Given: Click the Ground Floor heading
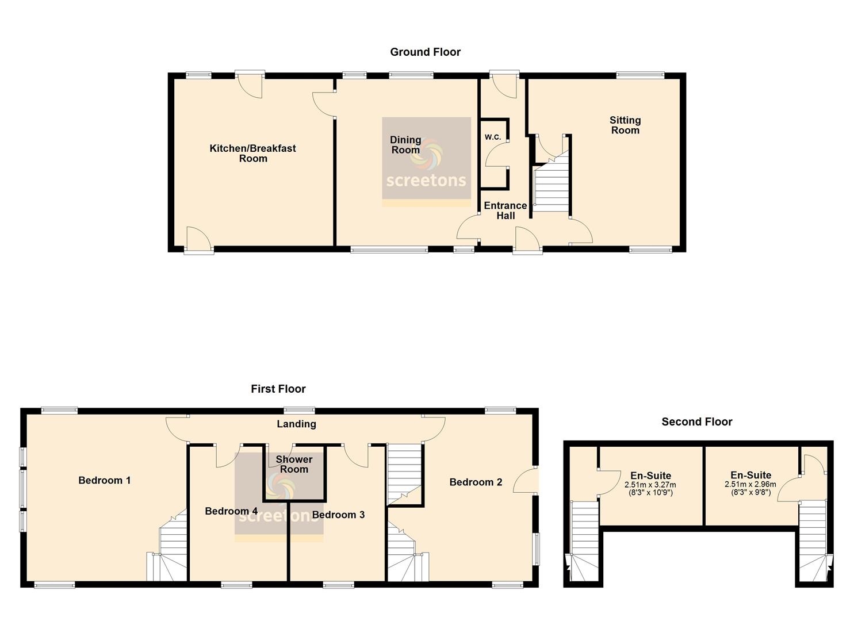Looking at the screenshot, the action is [425, 52].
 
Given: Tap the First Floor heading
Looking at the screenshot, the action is [278, 389].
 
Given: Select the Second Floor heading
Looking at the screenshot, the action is [697, 421].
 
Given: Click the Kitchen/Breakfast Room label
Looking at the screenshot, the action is [253, 154].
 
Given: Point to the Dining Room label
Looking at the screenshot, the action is [405, 145].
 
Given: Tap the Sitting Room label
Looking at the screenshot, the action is [625, 125].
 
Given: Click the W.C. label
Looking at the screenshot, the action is [493, 137].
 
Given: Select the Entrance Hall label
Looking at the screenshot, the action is [505, 210].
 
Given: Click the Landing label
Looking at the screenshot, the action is [296, 424].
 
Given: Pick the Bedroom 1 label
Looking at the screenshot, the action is [105, 480].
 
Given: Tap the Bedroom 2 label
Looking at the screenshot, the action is [476, 482].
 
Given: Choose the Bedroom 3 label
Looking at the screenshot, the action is [338, 515].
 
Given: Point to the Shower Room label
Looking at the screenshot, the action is [294, 465].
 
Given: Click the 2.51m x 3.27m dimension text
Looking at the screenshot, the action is [650, 485].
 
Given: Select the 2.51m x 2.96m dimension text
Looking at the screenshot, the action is [750, 485].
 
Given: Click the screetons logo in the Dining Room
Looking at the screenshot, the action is [426, 162].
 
